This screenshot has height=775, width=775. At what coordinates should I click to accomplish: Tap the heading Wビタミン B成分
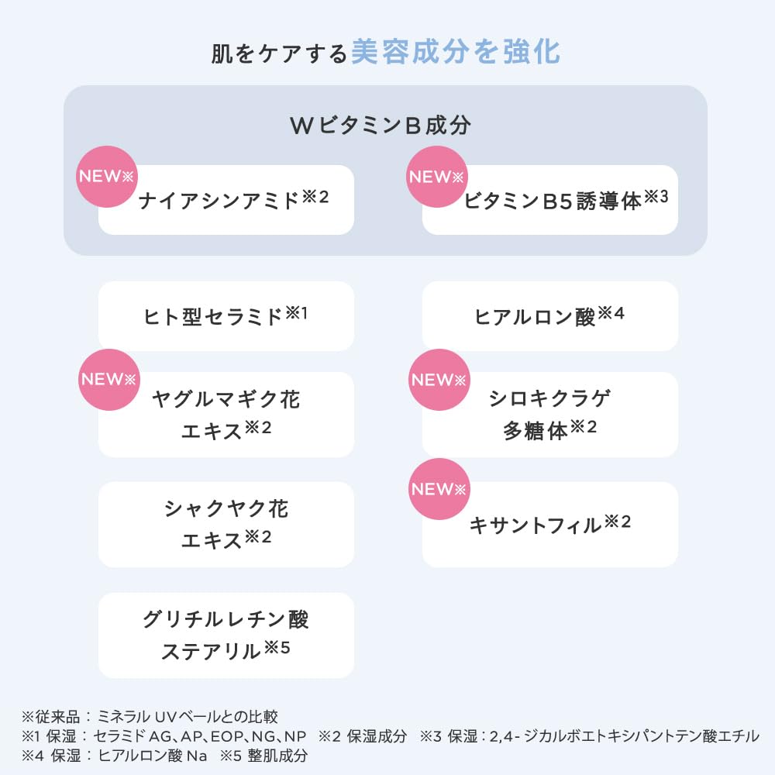coord(380,126)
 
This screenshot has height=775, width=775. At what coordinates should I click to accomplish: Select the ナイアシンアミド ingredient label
coord(219,201)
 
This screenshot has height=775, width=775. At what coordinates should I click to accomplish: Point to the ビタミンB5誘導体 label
coord(554,201)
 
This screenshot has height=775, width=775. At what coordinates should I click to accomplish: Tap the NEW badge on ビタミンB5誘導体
coord(436,176)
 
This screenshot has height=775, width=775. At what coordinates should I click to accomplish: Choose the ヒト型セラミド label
coord(214,316)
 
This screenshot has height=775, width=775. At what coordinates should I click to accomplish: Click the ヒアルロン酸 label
coord(535,316)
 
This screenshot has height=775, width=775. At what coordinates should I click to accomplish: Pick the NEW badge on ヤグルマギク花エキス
coord(109,379)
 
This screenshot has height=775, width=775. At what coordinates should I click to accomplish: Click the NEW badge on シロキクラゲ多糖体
coord(438,379)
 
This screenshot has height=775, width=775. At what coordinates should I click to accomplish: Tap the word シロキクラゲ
coord(550,398)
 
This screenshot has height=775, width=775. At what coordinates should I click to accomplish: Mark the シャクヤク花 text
coord(226,509)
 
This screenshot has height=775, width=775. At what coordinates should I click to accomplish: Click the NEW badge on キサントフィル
coord(438,489)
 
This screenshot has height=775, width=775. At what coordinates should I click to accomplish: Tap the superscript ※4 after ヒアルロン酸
coord(611,313)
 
